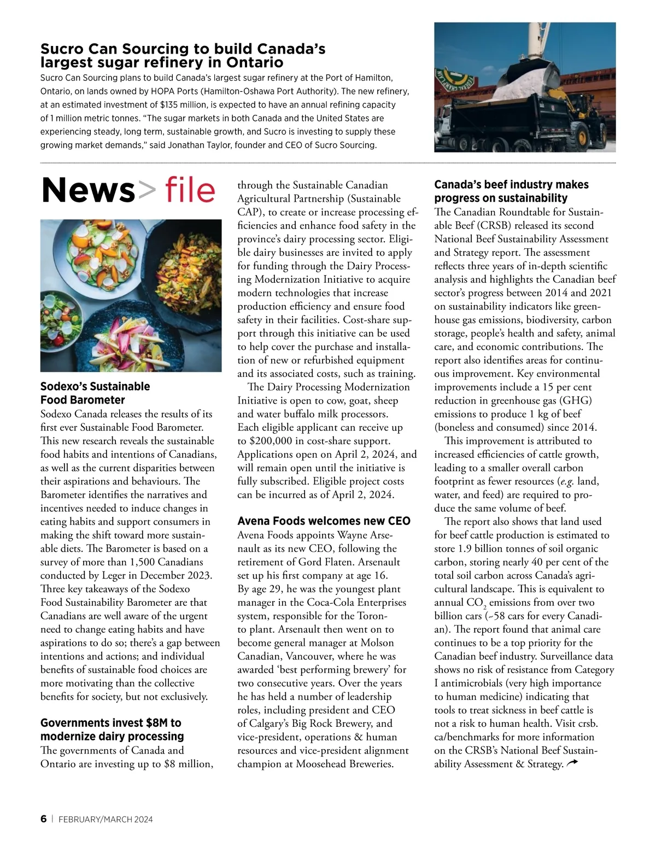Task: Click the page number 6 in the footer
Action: point(43,819)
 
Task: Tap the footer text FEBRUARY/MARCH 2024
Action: point(106,819)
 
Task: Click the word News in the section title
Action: point(88,190)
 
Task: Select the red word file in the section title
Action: point(190,190)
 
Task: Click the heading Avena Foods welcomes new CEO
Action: point(324,521)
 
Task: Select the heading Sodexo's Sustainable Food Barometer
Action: point(95,393)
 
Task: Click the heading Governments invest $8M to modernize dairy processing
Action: point(112,729)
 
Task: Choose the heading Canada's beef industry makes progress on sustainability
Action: point(511,191)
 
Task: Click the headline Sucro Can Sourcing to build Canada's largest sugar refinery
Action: point(183,56)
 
